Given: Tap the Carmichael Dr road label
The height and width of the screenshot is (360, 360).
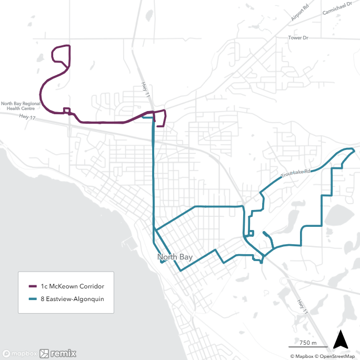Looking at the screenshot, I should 337,12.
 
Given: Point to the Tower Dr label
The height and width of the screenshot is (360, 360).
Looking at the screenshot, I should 298,38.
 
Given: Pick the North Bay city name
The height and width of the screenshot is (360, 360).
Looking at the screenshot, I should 175,257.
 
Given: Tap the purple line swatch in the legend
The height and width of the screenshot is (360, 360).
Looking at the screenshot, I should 32,286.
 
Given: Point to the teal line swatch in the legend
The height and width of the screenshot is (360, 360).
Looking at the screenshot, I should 32,298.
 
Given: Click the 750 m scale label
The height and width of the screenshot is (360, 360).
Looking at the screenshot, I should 307,343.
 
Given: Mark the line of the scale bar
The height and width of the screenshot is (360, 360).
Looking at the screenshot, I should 308,347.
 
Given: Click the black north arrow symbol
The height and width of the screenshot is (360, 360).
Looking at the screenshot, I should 341,339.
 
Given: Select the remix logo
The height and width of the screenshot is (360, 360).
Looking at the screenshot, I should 58,354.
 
